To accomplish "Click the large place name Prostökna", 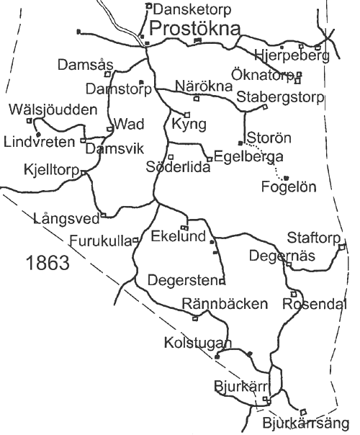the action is tap(195, 29).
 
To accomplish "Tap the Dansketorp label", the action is tap(192, 9).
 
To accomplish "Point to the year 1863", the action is tap(48, 263).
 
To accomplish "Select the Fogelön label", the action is tap(289, 187).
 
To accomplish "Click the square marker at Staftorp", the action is tap(342, 246).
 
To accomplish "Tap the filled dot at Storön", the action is tap(240, 143).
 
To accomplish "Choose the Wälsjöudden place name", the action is tap(53, 109).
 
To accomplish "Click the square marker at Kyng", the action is tap(187, 115).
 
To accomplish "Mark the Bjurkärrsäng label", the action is tap(305, 423).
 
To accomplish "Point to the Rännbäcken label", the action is tap(225, 304).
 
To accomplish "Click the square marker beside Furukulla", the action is tap(135, 241).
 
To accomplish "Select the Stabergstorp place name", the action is tap(280, 97).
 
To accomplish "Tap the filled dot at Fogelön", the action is tap(287, 178).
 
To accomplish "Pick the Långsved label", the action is tap(66, 219).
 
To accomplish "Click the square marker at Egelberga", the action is tap(210, 159).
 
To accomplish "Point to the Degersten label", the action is tap(183, 280).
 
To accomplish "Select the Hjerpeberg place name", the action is tap(292, 55).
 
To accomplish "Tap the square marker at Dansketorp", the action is tap(149, 5).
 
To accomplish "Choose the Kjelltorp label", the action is tap(52, 170).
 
